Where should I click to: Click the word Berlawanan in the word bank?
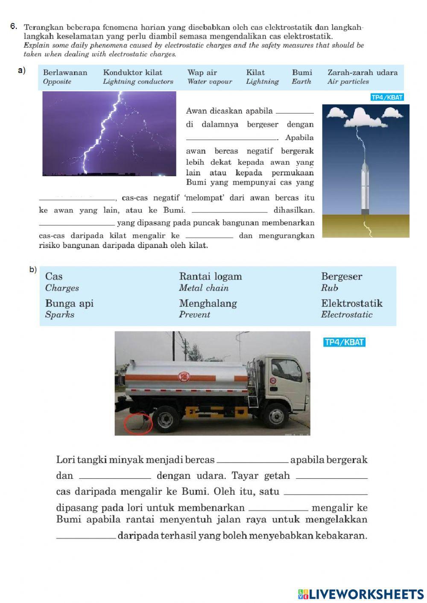click(65, 73)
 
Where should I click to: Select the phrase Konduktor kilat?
click(132, 73)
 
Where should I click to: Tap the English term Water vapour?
click(209, 82)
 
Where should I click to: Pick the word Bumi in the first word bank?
click(302, 73)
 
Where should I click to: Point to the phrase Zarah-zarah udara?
click(362, 73)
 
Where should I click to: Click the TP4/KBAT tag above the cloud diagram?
click(387, 97)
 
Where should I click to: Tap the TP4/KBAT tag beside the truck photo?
click(344, 342)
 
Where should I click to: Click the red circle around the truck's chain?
click(138, 423)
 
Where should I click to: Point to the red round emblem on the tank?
click(184, 376)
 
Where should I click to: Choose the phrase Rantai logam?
click(211, 277)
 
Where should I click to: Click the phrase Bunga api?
click(69, 303)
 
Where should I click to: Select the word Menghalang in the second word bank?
click(208, 303)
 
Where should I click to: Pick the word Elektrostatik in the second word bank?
click(352, 303)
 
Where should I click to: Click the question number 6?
click(13, 26)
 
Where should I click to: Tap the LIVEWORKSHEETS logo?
click(361, 594)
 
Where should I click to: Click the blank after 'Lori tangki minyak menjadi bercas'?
click(252, 460)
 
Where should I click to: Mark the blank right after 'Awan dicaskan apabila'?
click(295, 111)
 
